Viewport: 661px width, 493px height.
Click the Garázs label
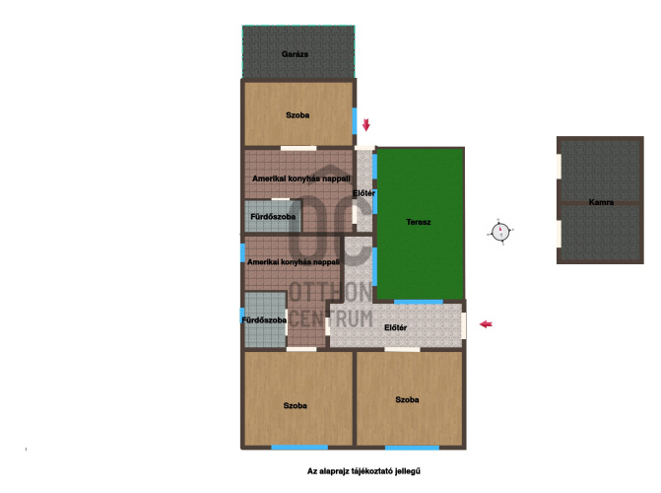(x=295, y=54)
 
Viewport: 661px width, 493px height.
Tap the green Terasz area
(x=421, y=224)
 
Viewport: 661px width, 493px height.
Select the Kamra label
(x=601, y=202)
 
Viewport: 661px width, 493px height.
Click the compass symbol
(x=500, y=232)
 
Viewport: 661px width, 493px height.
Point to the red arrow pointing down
(x=365, y=124)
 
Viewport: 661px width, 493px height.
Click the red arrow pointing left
(x=486, y=324)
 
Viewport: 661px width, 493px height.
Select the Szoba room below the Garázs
(x=298, y=114)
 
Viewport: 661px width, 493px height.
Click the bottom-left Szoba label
(x=296, y=405)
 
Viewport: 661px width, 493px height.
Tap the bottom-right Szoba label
(x=407, y=399)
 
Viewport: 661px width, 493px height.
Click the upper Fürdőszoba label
(x=273, y=217)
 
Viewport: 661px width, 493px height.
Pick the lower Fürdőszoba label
(x=264, y=319)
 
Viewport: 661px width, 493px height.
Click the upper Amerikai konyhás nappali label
(x=301, y=178)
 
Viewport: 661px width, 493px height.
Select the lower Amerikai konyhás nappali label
(x=294, y=261)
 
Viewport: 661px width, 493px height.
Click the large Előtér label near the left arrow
(x=395, y=327)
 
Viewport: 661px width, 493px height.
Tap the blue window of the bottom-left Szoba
(x=299, y=447)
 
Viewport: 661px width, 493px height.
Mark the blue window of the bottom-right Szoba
(x=413, y=447)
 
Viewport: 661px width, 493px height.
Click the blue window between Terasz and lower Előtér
(x=419, y=302)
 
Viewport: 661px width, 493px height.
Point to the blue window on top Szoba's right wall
(x=355, y=120)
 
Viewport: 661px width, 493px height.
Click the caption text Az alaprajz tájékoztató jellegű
(x=364, y=471)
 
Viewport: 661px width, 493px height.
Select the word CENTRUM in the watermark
(x=331, y=318)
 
